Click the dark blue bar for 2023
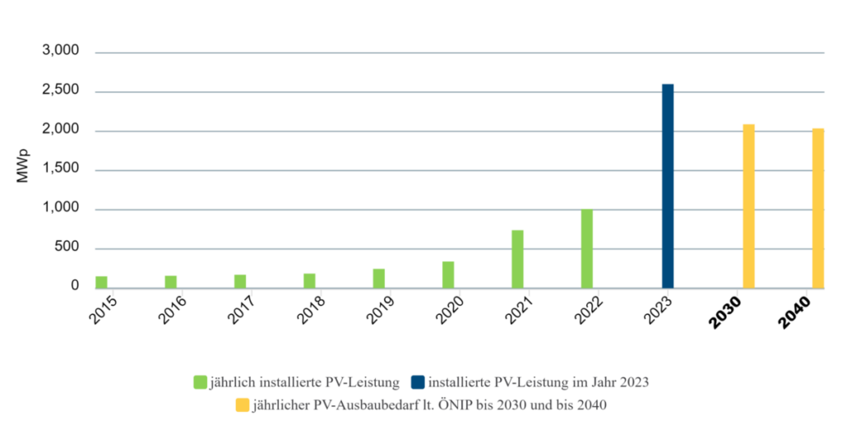668,186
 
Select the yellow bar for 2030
748,206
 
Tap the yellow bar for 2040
818,208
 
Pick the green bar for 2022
586,248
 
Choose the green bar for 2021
517,259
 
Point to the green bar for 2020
448,275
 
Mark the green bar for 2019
378,278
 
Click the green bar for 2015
101,282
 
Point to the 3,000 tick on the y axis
60,51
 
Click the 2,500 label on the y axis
60,90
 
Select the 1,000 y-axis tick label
60,209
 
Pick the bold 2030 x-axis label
727,312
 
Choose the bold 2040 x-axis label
797,312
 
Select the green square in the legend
200,382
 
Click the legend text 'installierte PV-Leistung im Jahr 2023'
539,382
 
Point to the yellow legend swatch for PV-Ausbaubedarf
242,405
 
